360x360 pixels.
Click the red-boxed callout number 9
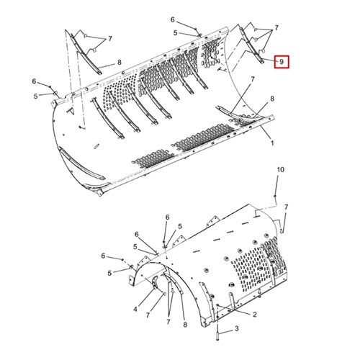[282, 62]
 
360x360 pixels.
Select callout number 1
[272, 143]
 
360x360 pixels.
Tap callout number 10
[280, 169]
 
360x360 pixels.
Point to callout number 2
[255, 314]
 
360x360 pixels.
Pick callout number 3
[237, 328]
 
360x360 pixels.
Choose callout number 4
[135, 310]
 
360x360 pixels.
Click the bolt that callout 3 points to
[217, 334]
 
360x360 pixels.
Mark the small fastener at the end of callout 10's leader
[275, 197]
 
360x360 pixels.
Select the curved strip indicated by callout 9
[252, 45]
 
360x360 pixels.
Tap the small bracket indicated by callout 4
[155, 282]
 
